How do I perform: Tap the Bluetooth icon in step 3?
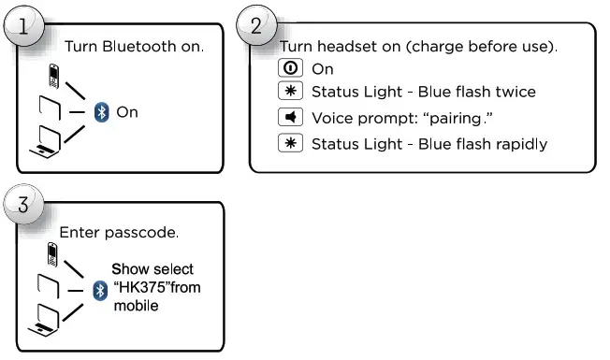(101, 291)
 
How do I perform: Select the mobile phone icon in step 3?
(53, 253)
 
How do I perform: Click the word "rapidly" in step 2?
(521, 144)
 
